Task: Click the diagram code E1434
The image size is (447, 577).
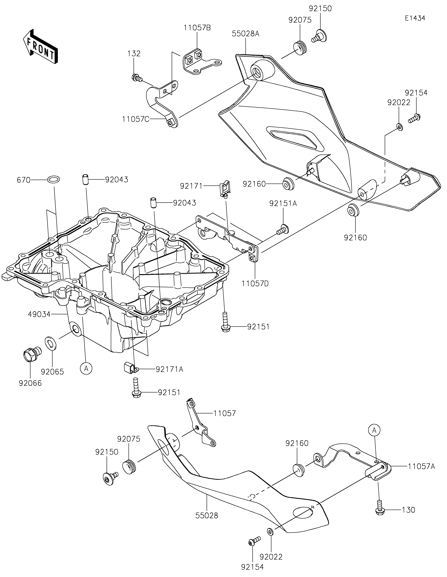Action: coord(415,18)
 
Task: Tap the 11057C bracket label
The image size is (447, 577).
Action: coord(136,119)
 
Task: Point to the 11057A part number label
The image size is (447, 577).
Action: coord(421,467)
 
